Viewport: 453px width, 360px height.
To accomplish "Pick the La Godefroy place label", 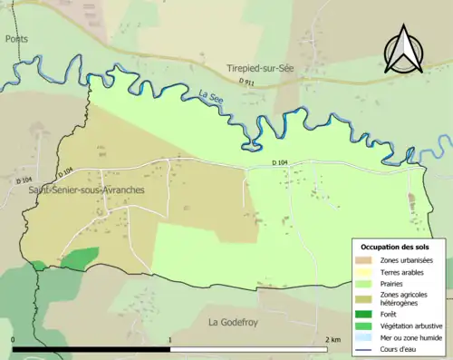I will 235,322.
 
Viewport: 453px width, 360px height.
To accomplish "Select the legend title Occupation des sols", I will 398,247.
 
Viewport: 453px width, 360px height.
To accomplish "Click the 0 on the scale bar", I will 14,339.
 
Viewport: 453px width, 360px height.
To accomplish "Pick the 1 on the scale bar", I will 170,339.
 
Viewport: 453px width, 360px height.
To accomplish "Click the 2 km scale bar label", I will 332,339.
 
